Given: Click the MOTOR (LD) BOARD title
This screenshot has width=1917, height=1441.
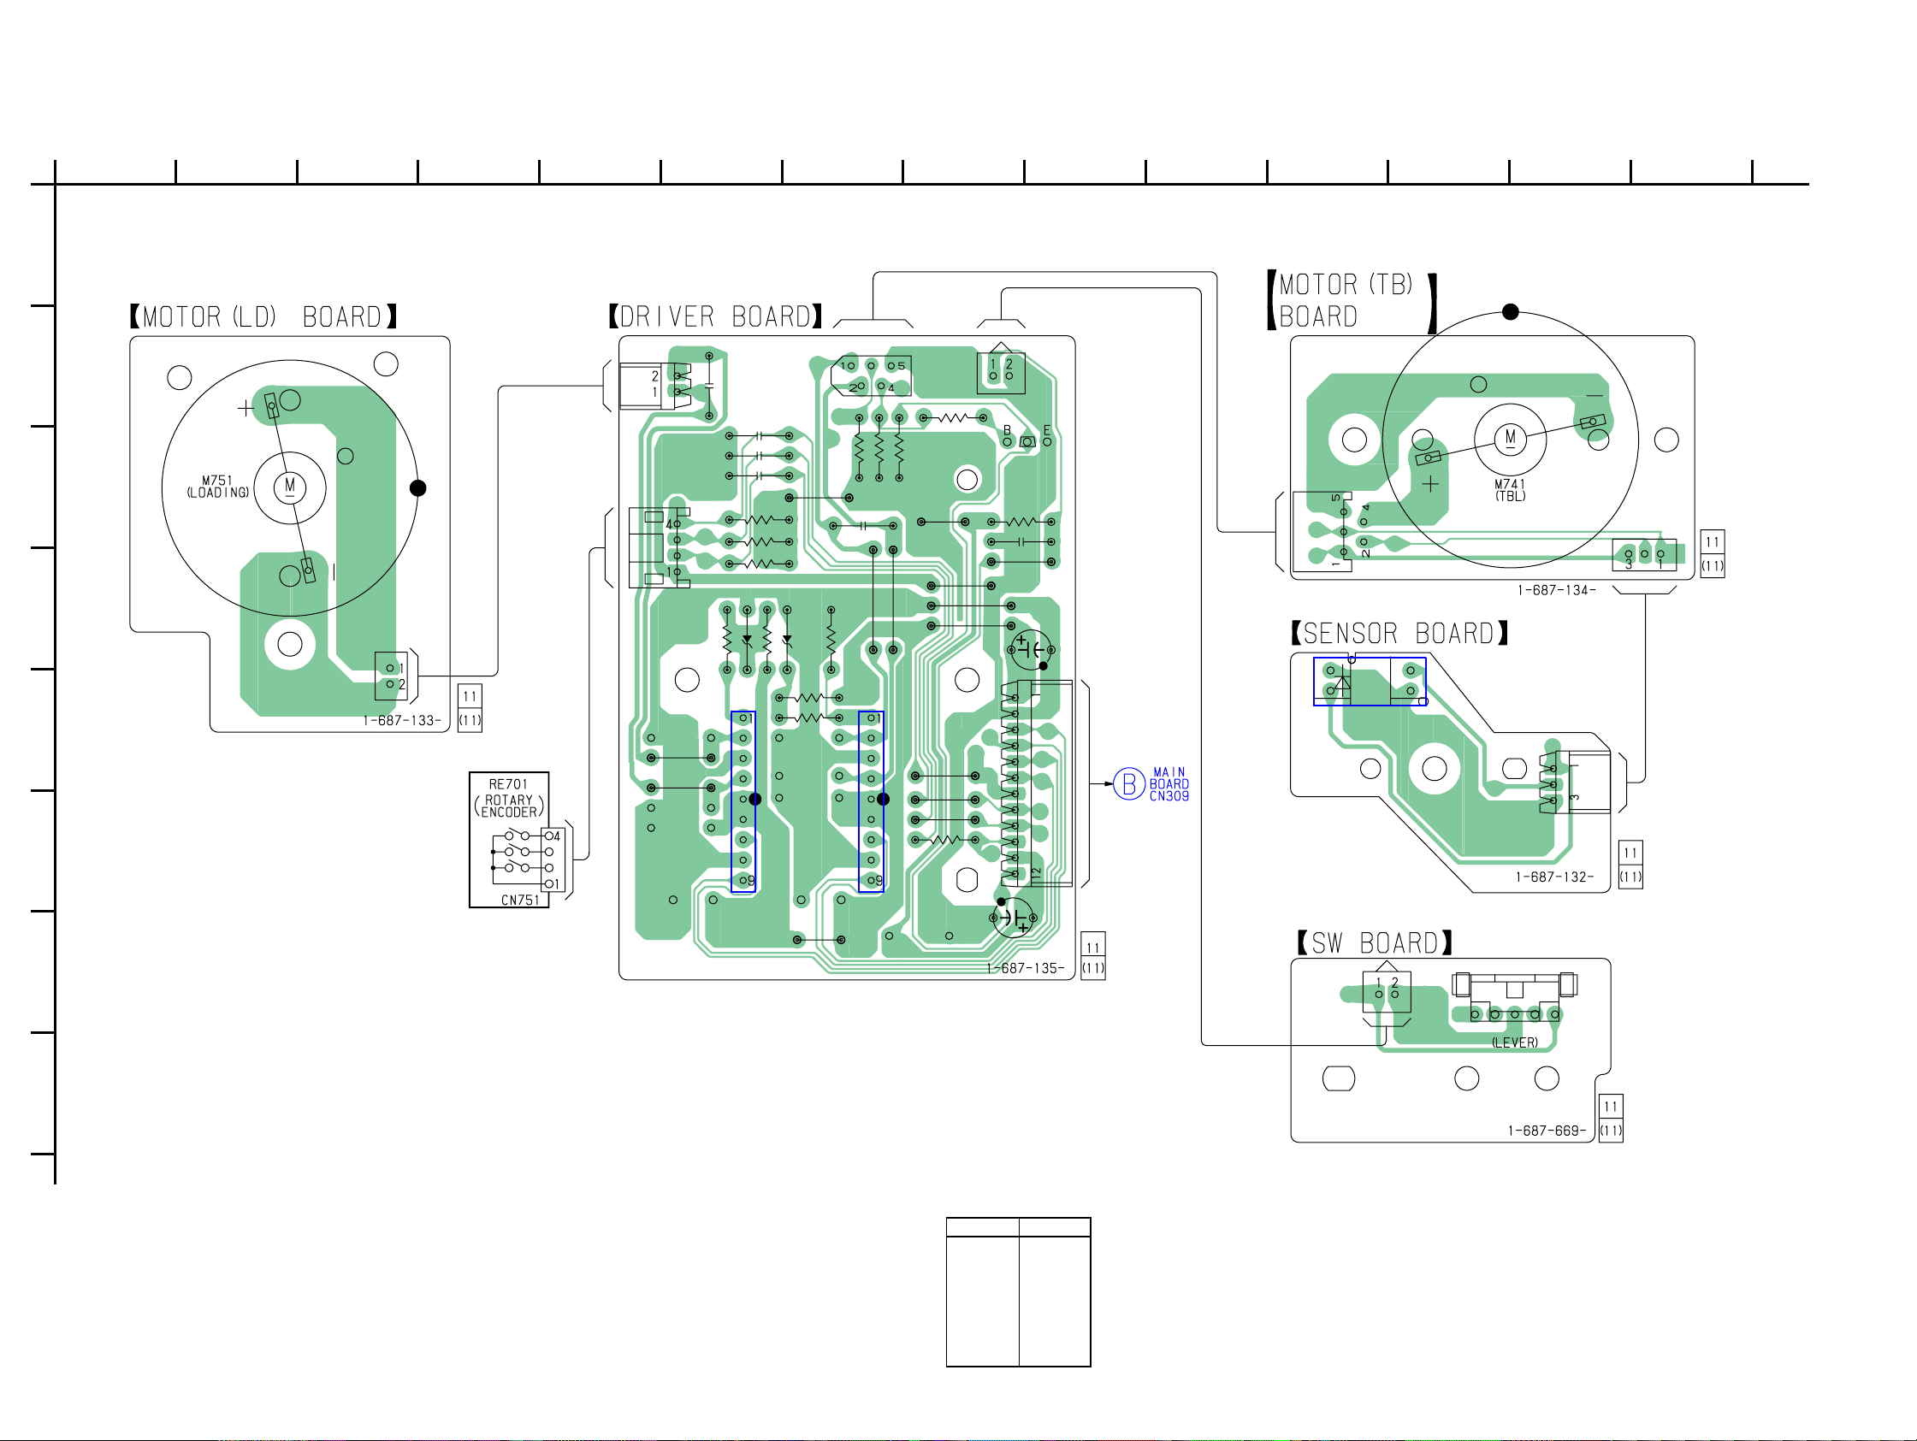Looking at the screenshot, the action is [263, 317].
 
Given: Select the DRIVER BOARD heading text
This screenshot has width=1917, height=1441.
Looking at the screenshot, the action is [716, 317].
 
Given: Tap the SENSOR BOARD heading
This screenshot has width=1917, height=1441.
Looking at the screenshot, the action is [1399, 634].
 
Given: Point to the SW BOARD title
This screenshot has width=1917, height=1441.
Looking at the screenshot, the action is [1375, 942].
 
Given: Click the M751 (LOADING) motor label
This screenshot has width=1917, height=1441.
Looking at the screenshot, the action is [217, 486].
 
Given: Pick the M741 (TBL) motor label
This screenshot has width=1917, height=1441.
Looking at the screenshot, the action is [1510, 490].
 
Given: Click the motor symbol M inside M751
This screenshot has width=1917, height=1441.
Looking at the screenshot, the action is [290, 486].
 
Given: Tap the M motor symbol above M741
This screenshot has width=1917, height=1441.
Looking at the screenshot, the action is [1511, 438].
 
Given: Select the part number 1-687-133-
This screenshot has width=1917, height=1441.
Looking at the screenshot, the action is [402, 720].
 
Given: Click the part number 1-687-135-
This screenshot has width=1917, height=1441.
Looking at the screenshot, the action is [1026, 968].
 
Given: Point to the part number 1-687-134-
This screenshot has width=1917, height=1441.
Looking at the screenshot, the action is [1557, 590].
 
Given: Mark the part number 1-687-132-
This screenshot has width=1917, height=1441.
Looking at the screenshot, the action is [1555, 877].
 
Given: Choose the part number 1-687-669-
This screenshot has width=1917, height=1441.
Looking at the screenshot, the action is [1547, 1131].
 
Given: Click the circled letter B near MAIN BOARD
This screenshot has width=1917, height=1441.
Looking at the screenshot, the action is [1129, 784].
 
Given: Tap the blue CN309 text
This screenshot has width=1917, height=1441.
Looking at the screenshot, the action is [1169, 796].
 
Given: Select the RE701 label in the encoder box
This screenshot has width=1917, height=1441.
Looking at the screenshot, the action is [508, 784].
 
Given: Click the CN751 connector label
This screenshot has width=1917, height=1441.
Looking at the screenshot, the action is [520, 901].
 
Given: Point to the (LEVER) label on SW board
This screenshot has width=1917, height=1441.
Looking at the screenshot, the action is [1515, 1042].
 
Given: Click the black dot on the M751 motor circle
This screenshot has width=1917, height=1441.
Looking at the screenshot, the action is [417, 487].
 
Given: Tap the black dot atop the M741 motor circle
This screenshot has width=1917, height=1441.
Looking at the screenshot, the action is [1511, 312].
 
